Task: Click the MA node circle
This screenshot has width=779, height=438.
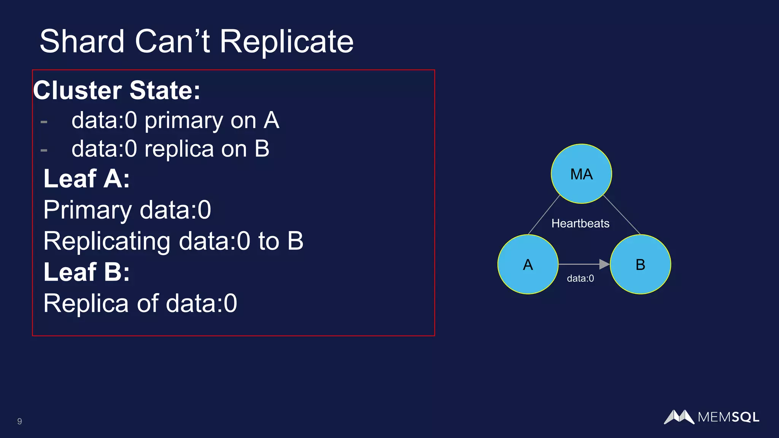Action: click(x=581, y=174)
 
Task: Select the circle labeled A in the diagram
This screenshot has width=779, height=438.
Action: click(x=528, y=264)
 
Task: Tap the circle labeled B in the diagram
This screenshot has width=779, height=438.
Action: click(x=640, y=264)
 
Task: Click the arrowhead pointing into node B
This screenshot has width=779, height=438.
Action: click(x=604, y=264)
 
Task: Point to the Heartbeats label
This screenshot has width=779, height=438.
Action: click(x=580, y=223)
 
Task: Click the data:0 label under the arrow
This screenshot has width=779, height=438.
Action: click(x=580, y=278)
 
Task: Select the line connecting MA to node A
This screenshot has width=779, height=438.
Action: click(x=544, y=215)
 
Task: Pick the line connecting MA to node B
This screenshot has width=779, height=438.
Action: click(x=622, y=215)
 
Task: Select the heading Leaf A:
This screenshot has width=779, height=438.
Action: click(x=87, y=178)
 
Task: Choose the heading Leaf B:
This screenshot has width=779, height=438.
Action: click(x=87, y=272)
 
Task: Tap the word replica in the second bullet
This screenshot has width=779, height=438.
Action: click(x=179, y=149)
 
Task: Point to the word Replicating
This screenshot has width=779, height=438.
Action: click(x=107, y=241)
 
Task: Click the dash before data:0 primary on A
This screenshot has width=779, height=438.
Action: click(x=44, y=122)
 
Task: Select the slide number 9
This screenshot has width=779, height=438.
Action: click(x=19, y=421)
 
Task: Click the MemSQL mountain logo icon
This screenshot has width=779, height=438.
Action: click(x=679, y=417)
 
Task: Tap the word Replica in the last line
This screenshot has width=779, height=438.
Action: click(x=86, y=303)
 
